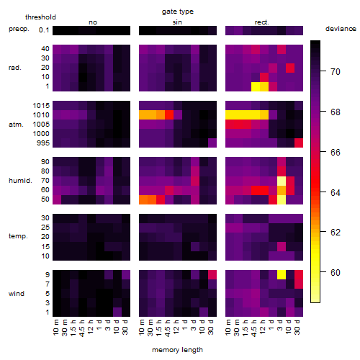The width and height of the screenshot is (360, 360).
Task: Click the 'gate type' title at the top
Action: point(178,12)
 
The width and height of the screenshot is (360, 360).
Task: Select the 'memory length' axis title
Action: point(177,350)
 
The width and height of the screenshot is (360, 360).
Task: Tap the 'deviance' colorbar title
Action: point(341,29)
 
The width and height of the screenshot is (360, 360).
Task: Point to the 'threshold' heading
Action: point(40,17)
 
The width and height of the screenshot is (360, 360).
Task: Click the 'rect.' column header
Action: point(262,22)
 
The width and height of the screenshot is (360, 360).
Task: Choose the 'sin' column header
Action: point(177,22)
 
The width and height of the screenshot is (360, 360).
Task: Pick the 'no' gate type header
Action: point(93,22)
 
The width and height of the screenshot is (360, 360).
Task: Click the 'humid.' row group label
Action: point(20,181)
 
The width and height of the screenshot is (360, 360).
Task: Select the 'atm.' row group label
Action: point(16,125)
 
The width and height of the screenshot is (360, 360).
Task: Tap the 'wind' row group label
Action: point(17,294)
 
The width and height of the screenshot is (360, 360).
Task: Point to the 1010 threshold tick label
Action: point(41,115)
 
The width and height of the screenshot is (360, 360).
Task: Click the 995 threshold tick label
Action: point(43,143)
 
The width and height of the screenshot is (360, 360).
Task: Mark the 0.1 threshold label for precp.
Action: point(44,30)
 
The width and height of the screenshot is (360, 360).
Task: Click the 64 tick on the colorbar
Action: point(336,192)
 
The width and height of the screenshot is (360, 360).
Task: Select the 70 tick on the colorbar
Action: point(336,72)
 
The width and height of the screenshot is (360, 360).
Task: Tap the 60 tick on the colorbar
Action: point(336,273)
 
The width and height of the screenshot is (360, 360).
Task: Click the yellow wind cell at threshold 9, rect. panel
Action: point(282,275)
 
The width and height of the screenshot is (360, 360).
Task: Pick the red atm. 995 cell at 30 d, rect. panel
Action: point(299,143)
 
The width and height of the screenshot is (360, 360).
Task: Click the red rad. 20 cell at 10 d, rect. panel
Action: point(290,68)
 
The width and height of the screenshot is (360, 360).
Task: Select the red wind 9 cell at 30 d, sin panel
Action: point(212,275)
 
